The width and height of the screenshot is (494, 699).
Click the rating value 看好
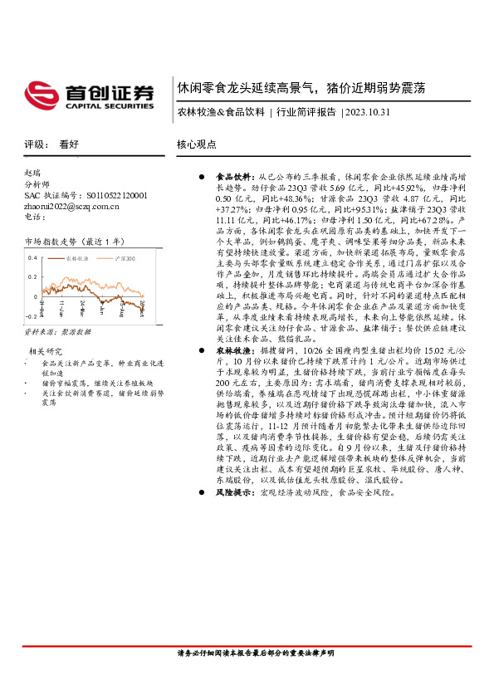tap(68, 144)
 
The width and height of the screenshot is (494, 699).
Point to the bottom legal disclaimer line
tap(256, 653)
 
